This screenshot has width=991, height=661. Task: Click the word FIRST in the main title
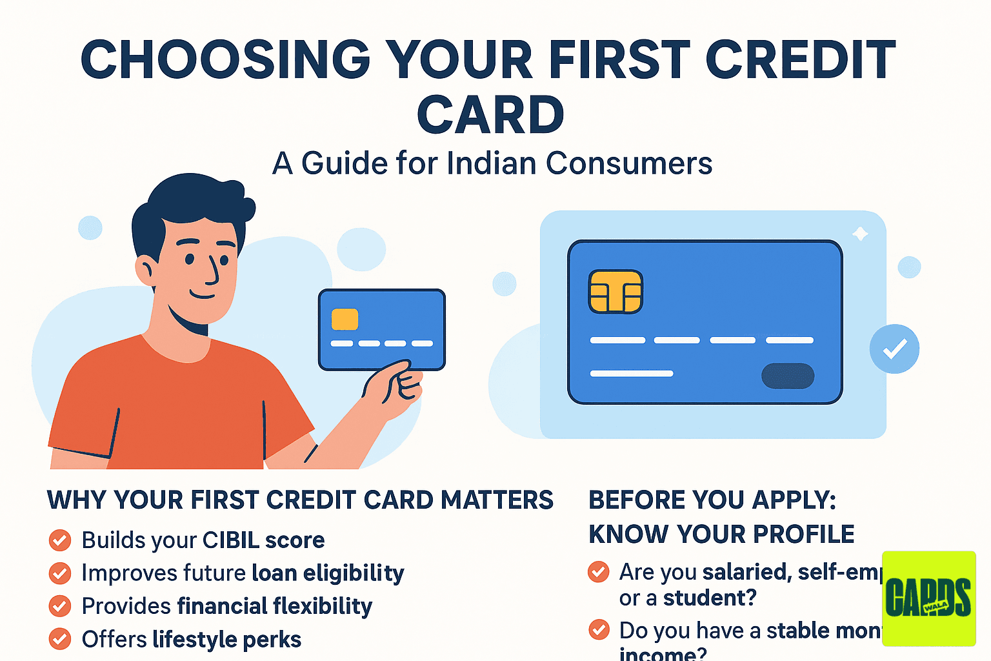[619, 59]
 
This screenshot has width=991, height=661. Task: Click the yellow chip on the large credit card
[616, 292]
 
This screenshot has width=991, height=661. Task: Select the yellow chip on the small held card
[345, 320]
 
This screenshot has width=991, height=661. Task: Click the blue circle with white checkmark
[894, 349]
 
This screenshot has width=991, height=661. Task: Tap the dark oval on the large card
[788, 376]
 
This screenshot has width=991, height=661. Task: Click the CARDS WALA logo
[928, 598]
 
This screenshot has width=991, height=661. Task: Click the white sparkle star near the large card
[860, 234]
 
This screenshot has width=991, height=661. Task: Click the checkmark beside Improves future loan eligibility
[60, 573]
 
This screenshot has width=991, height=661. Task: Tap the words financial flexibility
[274, 606]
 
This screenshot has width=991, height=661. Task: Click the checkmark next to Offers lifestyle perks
[60, 639]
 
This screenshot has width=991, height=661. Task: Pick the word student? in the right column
[709, 598]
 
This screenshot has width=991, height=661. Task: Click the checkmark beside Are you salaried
[599, 572]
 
